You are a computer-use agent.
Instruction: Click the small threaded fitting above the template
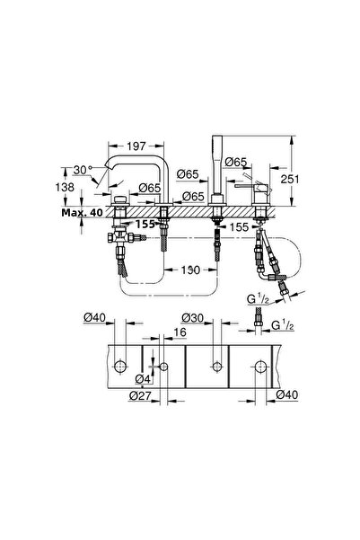259,320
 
